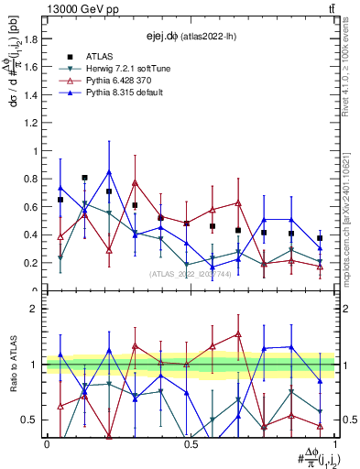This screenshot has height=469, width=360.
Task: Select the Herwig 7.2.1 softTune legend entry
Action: point(122,70)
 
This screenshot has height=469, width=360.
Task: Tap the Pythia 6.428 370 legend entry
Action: point(116,82)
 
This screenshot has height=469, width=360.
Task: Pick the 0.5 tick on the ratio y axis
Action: point(35,420)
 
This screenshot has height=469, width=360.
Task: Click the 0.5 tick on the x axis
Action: point(191,444)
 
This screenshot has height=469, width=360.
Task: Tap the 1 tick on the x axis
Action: point(333,444)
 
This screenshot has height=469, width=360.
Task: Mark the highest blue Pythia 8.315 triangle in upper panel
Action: point(110,172)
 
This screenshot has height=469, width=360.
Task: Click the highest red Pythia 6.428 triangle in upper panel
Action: point(135,183)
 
